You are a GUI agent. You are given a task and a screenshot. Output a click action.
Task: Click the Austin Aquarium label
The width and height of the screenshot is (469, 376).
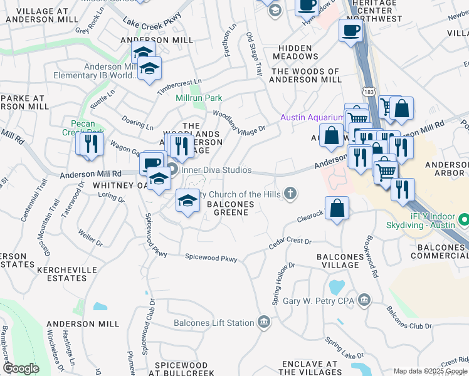[x=312, y=117]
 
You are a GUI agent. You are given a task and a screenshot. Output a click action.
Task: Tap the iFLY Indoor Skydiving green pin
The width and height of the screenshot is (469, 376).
[x=463, y=221]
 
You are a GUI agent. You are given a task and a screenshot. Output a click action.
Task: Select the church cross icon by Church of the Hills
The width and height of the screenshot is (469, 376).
[x=290, y=194]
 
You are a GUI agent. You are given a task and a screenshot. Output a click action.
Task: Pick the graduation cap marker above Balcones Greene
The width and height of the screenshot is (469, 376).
[x=187, y=202]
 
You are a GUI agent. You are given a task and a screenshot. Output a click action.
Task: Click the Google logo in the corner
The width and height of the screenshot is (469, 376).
[x=21, y=368]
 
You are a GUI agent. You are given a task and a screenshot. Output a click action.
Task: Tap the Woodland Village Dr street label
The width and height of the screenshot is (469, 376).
[x=239, y=122]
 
